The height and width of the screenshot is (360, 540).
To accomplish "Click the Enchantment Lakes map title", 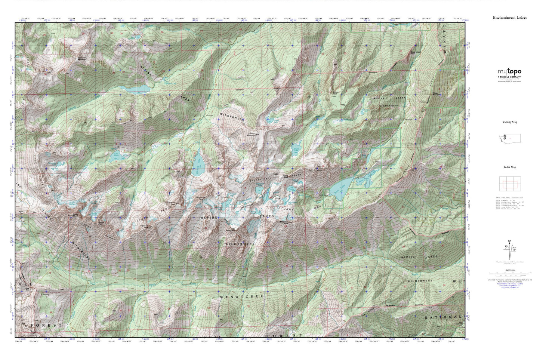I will [x=510, y=18].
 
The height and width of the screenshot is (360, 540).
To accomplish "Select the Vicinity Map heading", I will [x=510, y=122].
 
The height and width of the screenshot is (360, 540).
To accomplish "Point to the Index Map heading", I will [x=510, y=167].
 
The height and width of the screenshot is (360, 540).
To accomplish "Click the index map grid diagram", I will [x=510, y=184].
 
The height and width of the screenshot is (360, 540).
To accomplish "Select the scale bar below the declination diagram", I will [x=510, y=273].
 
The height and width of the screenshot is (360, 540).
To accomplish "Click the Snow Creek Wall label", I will [x=416, y=53].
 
